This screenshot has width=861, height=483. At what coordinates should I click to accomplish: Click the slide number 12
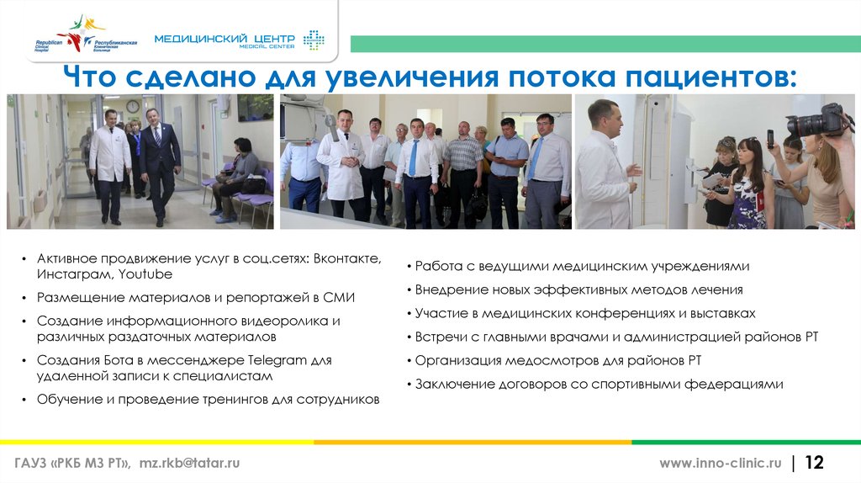coord(815,463)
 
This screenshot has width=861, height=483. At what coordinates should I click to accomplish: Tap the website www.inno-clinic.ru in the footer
coord(720,464)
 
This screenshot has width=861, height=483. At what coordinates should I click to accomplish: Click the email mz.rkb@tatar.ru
coord(190,464)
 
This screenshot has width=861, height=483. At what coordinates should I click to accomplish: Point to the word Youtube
coord(145,274)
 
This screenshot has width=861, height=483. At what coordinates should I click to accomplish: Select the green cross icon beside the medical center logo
coord(314,40)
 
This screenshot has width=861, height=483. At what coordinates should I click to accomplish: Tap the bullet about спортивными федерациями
coord(599,384)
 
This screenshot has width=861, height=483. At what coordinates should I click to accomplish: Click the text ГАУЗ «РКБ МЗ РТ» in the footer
coord(71,464)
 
